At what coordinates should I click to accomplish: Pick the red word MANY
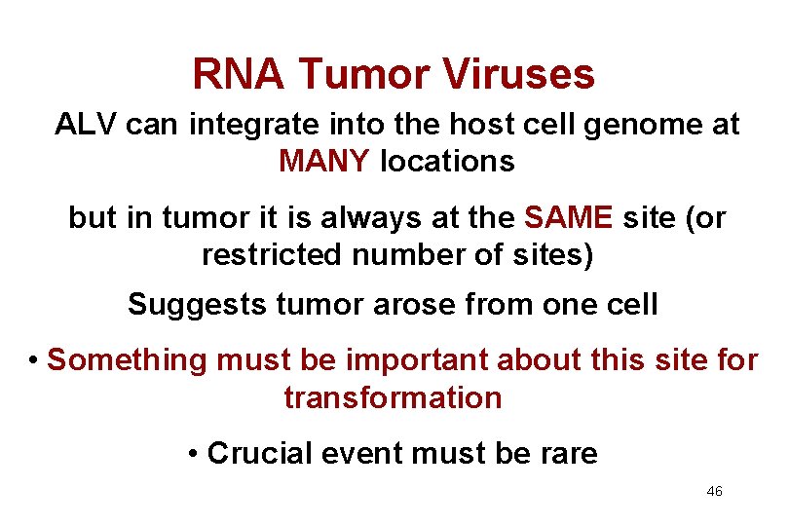pyautogui.click(x=324, y=161)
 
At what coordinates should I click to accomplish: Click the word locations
pyautogui.click(x=447, y=161)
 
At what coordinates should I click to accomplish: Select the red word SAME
pyautogui.click(x=569, y=218)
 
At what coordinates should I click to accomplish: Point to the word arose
pyautogui.click(x=427, y=304)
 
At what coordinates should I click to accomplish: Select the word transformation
pyautogui.click(x=393, y=397)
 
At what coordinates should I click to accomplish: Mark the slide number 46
pyautogui.click(x=714, y=492)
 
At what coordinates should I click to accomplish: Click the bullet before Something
pyautogui.click(x=33, y=359)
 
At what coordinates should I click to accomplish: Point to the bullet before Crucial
pyautogui.click(x=195, y=453)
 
